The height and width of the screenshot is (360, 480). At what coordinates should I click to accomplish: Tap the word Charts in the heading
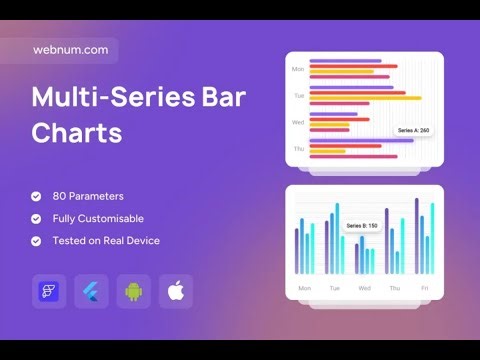[76, 133]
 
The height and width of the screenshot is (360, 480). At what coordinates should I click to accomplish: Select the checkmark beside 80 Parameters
[37, 196]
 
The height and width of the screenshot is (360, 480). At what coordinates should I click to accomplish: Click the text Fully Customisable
[98, 218]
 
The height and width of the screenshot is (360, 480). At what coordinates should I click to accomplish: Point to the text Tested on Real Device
[106, 240]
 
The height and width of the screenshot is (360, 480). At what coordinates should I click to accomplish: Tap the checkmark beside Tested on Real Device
[37, 240]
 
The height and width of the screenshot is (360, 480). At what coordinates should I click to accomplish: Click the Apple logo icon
[175, 291]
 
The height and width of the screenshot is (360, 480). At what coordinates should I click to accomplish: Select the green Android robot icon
[133, 291]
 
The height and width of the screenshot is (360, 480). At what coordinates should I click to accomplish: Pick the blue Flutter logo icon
[91, 291]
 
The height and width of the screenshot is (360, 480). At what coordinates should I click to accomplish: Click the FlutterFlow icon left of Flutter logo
[49, 291]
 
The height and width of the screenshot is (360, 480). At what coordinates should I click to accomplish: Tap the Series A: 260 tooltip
[413, 130]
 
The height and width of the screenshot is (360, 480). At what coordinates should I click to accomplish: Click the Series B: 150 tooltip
[362, 226]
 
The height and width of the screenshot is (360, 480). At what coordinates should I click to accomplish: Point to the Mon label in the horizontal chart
[298, 70]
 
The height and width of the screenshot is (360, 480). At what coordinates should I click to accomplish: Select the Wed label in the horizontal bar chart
[298, 122]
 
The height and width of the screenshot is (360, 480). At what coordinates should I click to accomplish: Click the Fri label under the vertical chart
[424, 288]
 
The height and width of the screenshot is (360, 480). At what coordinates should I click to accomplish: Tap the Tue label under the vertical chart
[334, 288]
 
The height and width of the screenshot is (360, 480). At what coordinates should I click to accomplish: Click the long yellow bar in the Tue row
[365, 98]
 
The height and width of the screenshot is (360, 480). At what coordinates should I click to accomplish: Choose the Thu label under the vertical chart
[394, 288]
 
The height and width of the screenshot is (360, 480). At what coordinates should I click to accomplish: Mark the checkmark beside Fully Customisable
[37, 218]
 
